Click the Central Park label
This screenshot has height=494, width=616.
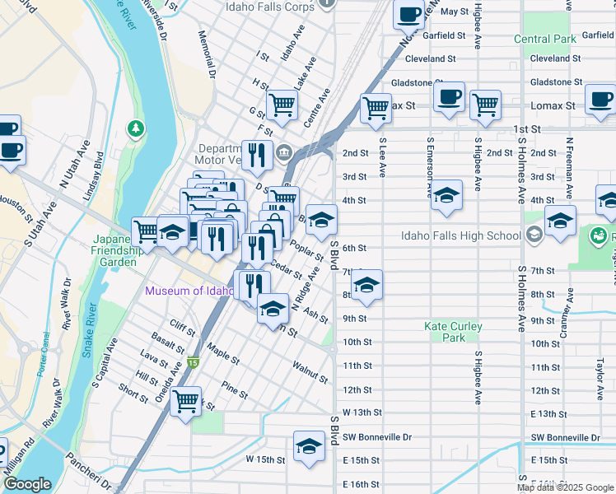pos(544,39)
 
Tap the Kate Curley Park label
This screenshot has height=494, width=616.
pos(453,332)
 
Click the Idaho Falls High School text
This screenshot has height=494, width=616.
pos(460,235)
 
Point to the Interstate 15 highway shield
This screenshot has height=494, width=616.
pos(194,361)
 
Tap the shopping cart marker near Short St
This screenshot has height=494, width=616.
pos(186,401)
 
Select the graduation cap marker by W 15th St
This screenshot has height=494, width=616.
pos(309,446)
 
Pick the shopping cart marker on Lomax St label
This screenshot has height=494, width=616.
pos(376,106)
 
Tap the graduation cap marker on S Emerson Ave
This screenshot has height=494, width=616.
pos(446,195)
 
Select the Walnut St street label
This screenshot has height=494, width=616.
pos(310,371)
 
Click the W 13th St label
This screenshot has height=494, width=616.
pos(357,412)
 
